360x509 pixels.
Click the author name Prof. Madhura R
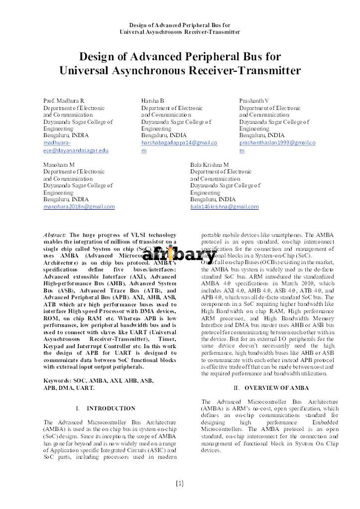pos(64,101)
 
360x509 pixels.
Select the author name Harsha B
pos(152,101)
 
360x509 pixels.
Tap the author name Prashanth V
pos(254,101)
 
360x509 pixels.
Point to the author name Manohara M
pos(59,164)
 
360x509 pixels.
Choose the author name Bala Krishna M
pos(209,164)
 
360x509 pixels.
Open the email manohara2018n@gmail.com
pos(79,206)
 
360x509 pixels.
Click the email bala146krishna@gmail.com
pos(225,206)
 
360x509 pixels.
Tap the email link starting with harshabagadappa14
pos(179,142)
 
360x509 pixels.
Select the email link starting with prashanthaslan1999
pos(277,142)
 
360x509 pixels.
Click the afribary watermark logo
pos(180,255)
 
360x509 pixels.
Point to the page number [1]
pos(180,483)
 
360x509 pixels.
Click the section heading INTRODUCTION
pos(111,408)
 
